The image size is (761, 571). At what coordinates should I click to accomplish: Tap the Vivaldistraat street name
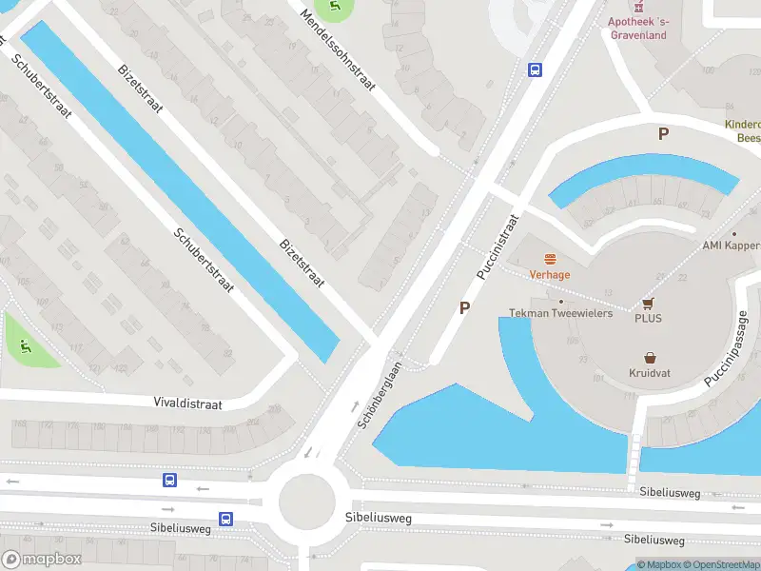click(x=187, y=404)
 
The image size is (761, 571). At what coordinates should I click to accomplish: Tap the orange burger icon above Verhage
click(x=550, y=259)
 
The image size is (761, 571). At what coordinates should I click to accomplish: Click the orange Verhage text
click(x=550, y=275)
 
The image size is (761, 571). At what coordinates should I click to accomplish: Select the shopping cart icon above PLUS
click(x=649, y=303)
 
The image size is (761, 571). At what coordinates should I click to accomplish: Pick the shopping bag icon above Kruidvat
click(x=650, y=358)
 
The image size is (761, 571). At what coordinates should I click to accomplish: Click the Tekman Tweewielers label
click(x=560, y=313)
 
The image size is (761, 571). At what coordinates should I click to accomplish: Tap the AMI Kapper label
click(x=731, y=246)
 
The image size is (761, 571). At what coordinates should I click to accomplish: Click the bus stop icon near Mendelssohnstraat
click(x=536, y=69)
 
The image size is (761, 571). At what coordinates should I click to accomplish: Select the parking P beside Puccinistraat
click(x=465, y=307)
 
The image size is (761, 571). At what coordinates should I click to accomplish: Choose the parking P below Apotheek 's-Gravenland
click(x=663, y=134)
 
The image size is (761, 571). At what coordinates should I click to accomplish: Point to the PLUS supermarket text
click(x=649, y=319)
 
